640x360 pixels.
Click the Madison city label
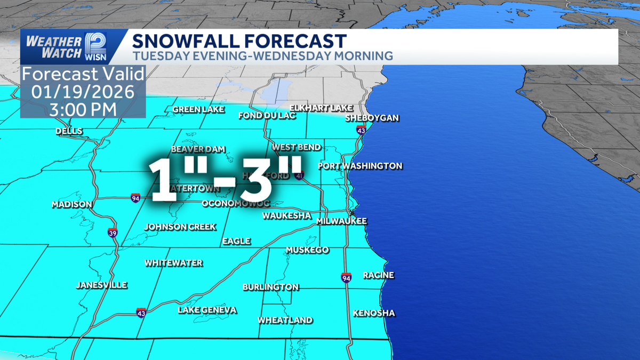pos(72,204)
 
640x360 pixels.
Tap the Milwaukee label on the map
pos(341,221)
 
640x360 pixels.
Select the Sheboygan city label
pos(372,118)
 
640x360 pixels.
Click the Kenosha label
pos(374,313)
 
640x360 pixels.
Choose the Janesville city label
pos(101,285)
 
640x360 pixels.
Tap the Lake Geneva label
pos(207,310)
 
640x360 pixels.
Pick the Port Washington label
pos(360,166)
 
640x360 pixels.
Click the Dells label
pos(69,131)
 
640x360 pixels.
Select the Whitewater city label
pos(174,263)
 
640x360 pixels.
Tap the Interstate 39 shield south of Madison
pos(113,233)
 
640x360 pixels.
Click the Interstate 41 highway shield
pos(300,175)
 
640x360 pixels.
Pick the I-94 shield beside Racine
pos(347,277)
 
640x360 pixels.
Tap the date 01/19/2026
pos(83,91)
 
